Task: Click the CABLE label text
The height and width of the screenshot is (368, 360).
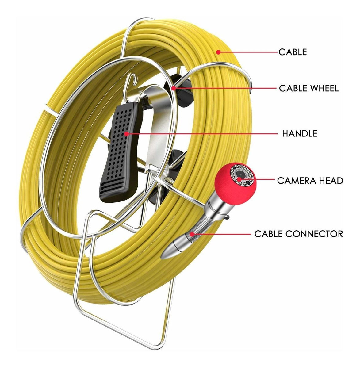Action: [292, 52]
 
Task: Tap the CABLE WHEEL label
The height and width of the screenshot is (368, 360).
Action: [308, 89]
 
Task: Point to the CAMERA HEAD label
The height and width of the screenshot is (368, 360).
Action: [310, 181]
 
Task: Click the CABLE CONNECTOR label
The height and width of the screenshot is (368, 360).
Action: [298, 234]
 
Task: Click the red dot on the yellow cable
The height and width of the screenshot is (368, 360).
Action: [218, 52]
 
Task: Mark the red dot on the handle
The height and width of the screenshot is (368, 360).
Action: [126, 134]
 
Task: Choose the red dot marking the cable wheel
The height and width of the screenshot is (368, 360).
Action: [173, 89]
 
